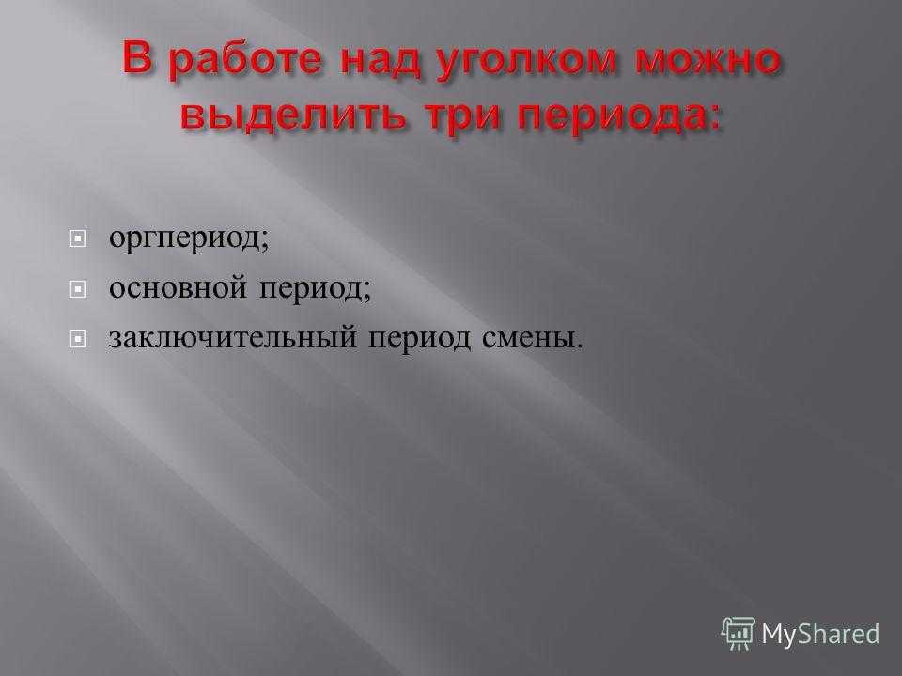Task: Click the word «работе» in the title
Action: pos(246,60)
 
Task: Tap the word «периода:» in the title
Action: pos(619,116)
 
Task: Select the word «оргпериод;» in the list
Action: pos(189,238)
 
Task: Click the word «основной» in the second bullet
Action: pos(178,287)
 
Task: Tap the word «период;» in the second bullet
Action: pos(315,288)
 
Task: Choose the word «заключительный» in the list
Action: pos(233,337)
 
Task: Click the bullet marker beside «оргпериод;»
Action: pos(78,238)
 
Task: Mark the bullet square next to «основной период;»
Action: pos(78,288)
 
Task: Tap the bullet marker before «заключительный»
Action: pos(78,339)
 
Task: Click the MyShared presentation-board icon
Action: pos(739,634)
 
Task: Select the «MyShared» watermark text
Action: pos(820,635)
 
